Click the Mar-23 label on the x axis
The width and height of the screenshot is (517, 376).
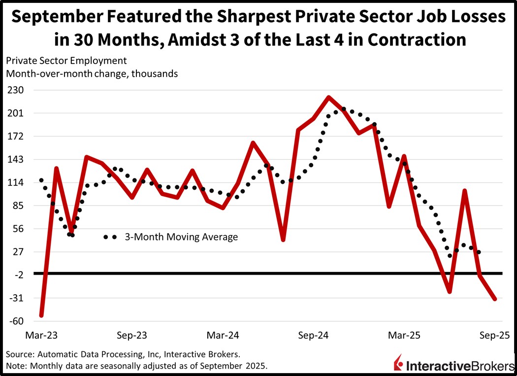pyautogui.click(x=41, y=335)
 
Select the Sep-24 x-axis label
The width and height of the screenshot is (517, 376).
pyautogui.click(x=314, y=335)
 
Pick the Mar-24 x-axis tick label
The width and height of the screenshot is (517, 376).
pyautogui.click(x=223, y=335)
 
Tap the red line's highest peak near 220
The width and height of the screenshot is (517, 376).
pyautogui.click(x=328, y=97)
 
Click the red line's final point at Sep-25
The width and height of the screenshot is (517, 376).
pyautogui.click(x=494, y=299)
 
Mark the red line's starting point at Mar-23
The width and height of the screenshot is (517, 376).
pyautogui.click(x=42, y=315)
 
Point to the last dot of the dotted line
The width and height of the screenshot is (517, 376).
pyautogui.click(x=479, y=252)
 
